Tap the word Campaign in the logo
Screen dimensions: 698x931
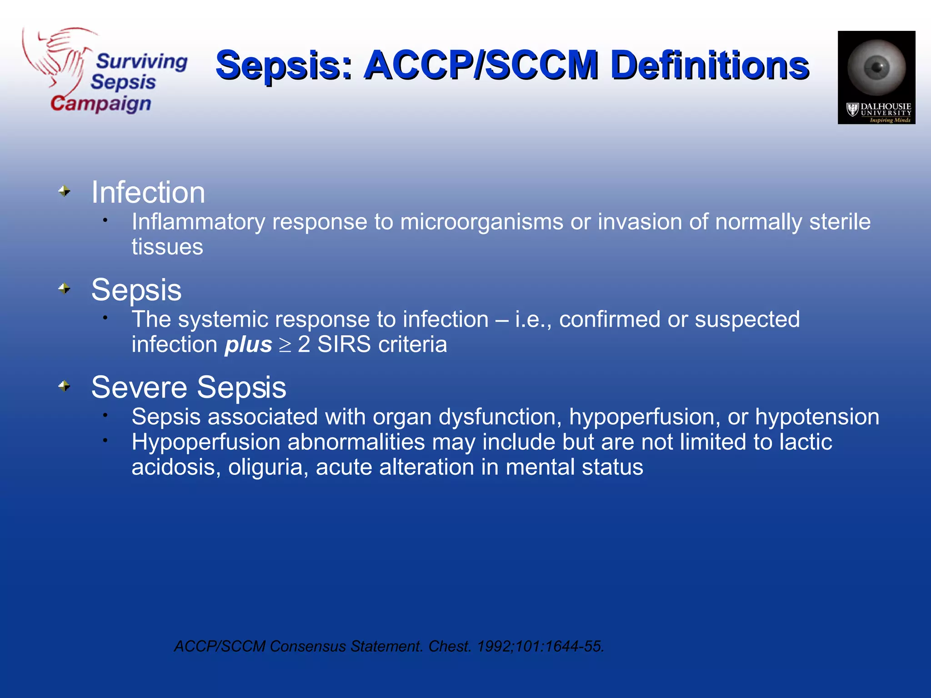pyautogui.click(x=100, y=104)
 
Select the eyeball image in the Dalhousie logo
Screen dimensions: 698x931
pyautogui.click(x=876, y=67)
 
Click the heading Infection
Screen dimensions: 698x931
pyautogui.click(x=148, y=192)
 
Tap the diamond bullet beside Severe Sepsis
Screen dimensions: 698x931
pyautogui.click(x=65, y=386)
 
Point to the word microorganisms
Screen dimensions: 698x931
pyautogui.click(x=481, y=222)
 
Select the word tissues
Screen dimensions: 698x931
pyautogui.click(x=167, y=247)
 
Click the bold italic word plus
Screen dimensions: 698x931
pyautogui.click(x=248, y=344)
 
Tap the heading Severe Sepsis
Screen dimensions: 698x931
pyautogui.click(x=189, y=388)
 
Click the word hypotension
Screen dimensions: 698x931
pyautogui.click(x=817, y=417)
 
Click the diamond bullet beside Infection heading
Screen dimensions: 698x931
pyautogui.click(x=65, y=191)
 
